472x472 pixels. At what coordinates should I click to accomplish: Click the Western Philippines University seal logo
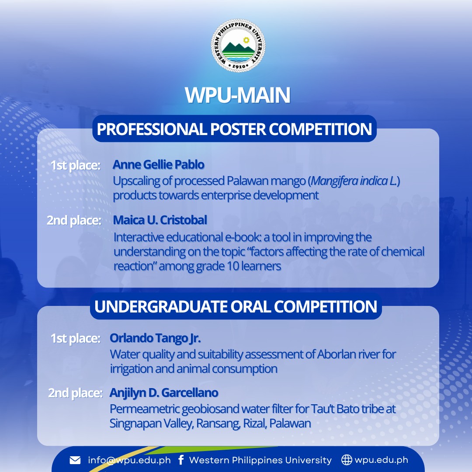click(x=238, y=45)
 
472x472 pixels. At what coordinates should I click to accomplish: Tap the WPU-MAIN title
click(x=237, y=95)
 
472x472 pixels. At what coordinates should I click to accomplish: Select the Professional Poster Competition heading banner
click(x=235, y=129)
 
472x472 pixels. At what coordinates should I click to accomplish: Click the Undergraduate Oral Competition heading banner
click(x=236, y=306)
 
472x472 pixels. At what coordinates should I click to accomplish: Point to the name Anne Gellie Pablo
click(x=159, y=165)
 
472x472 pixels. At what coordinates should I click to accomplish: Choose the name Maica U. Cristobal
click(x=160, y=220)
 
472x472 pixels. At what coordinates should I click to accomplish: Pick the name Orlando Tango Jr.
click(x=155, y=338)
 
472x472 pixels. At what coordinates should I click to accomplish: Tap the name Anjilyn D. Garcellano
click(x=164, y=393)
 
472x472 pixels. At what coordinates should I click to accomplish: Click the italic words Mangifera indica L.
click(x=354, y=181)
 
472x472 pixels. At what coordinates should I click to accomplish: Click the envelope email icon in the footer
click(x=75, y=460)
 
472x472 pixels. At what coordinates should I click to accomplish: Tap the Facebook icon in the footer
click(x=180, y=460)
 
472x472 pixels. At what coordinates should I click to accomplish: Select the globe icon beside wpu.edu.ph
click(x=347, y=460)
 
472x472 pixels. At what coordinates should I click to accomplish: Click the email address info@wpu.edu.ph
click(x=129, y=460)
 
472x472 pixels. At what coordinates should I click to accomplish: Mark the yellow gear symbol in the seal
click(x=246, y=40)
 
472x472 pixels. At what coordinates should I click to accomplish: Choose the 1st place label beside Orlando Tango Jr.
click(x=75, y=338)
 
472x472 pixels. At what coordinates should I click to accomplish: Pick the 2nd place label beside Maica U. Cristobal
click(x=74, y=220)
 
